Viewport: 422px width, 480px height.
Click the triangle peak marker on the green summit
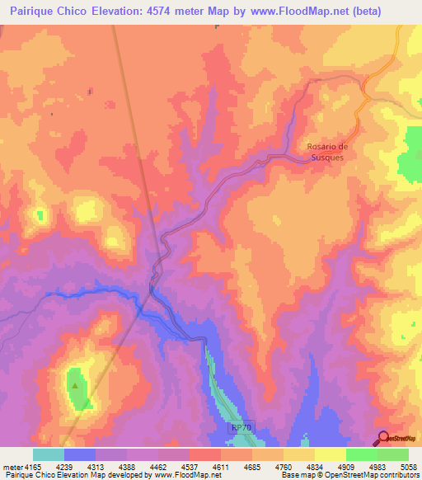[76, 385]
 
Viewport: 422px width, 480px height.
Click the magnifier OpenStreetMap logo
[382, 437]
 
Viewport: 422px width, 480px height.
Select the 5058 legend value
[406, 468]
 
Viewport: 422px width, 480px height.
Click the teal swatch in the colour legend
[48, 454]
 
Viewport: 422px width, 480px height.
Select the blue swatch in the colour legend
[79, 454]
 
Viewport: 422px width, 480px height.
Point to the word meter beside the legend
[12, 468]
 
